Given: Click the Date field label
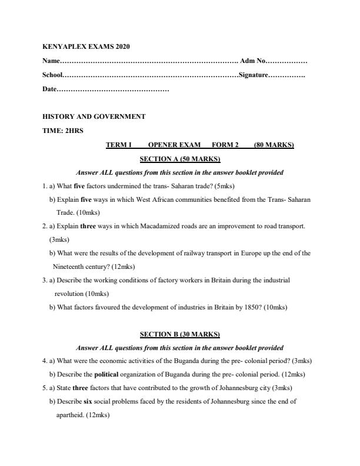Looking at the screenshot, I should [49, 89].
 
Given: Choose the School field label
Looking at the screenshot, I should [52, 75].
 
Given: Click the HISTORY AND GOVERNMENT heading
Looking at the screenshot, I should [94, 116].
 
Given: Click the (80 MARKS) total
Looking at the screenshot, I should [274, 145].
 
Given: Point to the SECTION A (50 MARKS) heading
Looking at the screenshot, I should [179, 159].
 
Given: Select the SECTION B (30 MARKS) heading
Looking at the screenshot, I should [179, 334].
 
